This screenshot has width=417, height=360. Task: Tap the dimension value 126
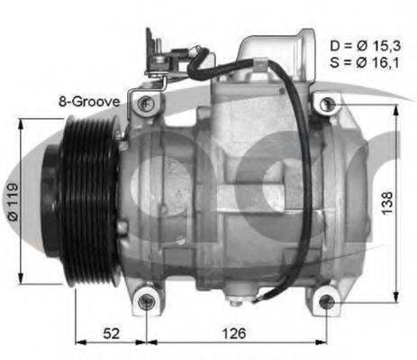234,334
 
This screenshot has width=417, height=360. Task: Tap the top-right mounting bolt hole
328,105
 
